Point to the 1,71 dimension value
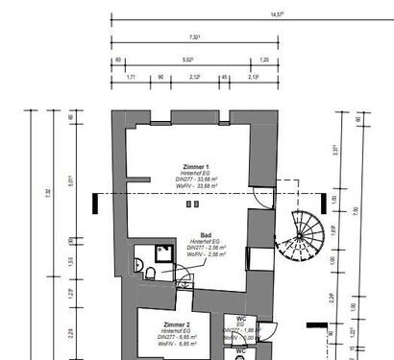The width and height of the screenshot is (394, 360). tap(131, 77)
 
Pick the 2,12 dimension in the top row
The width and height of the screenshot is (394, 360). tap(195, 77)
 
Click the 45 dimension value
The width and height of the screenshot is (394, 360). tap(224, 77)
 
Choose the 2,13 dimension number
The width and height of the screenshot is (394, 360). tap(254, 77)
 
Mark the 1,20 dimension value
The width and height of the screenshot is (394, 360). tap(263, 60)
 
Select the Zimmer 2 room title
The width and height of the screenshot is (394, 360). tap(177, 325)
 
